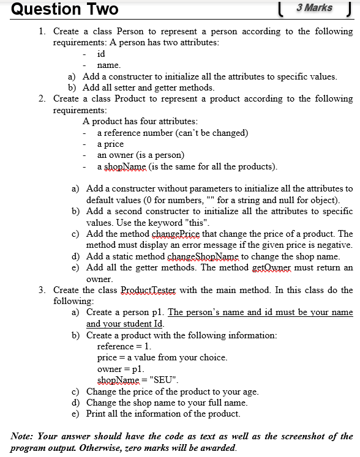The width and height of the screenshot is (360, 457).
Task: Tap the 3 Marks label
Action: (x=314, y=8)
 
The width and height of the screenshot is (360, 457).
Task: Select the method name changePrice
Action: (x=178, y=234)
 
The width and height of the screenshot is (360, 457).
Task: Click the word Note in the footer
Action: (x=23, y=436)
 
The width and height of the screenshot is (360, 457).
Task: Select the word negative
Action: (x=334, y=245)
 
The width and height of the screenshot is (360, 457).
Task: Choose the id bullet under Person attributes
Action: (x=101, y=54)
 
